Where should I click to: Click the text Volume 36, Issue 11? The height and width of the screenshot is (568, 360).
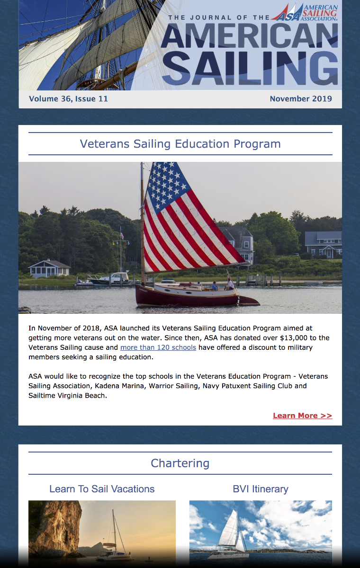point(68,99)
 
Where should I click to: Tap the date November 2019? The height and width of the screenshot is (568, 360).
point(301,99)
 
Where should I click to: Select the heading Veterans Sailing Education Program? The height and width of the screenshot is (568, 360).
point(180,144)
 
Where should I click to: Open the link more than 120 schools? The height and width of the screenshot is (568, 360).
point(158,347)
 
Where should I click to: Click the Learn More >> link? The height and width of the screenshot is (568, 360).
point(302,416)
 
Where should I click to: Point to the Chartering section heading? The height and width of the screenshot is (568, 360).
point(180,463)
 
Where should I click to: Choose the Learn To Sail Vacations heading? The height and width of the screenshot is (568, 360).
point(102,489)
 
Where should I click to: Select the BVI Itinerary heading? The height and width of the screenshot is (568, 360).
point(261,489)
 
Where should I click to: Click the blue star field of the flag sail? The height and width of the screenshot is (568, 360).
point(163,182)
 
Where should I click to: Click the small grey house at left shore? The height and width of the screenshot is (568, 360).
point(49,268)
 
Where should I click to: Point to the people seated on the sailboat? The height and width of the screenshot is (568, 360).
point(223,285)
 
